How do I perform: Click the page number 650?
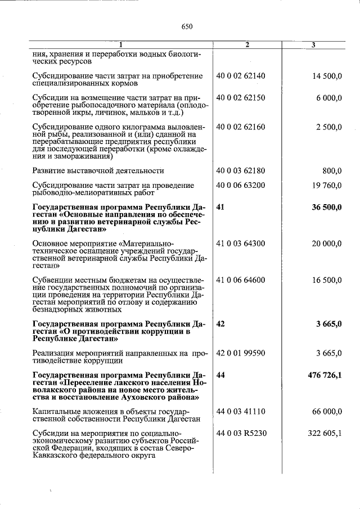[x=187, y=26]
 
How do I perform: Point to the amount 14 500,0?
[x=326, y=75]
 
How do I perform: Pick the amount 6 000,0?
[x=329, y=97]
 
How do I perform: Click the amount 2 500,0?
[x=329, y=127]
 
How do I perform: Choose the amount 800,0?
[x=332, y=170]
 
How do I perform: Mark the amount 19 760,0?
[x=326, y=184]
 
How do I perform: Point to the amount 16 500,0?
[x=326, y=280]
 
